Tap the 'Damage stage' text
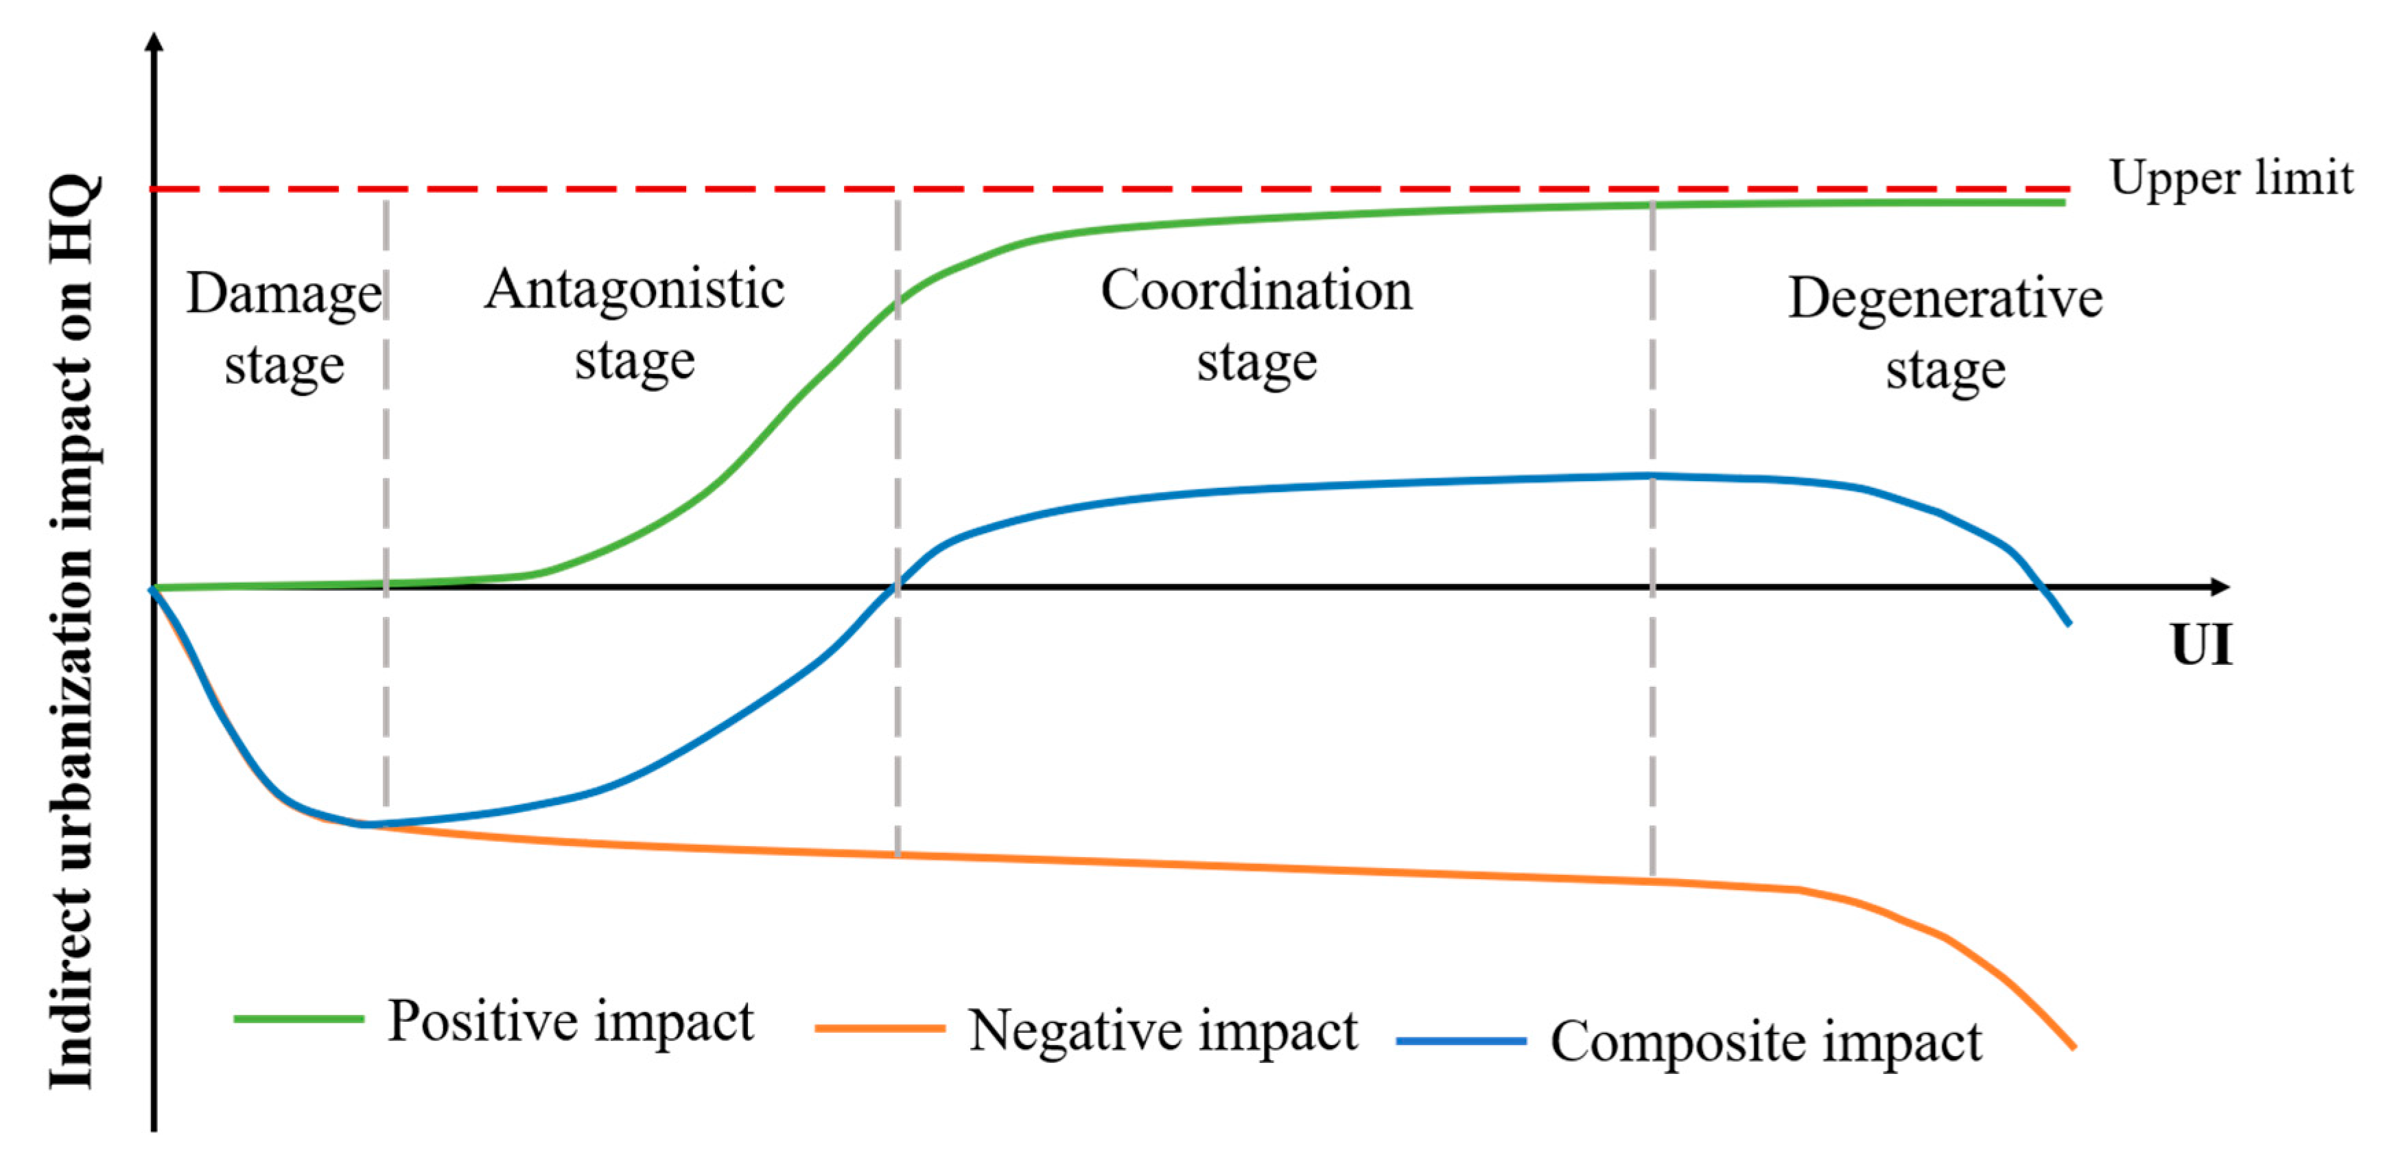[284, 329]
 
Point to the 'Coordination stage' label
[1256, 325]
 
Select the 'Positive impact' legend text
[570, 1021]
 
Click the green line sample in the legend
[298, 1019]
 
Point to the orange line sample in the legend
[880, 1028]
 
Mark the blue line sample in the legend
[1461, 1040]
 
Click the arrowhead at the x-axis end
[2220, 587]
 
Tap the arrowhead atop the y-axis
[154, 42]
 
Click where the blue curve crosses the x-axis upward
[895, 587]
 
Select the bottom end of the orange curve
[2073, 1047]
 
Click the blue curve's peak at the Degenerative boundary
[1652, 476]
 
